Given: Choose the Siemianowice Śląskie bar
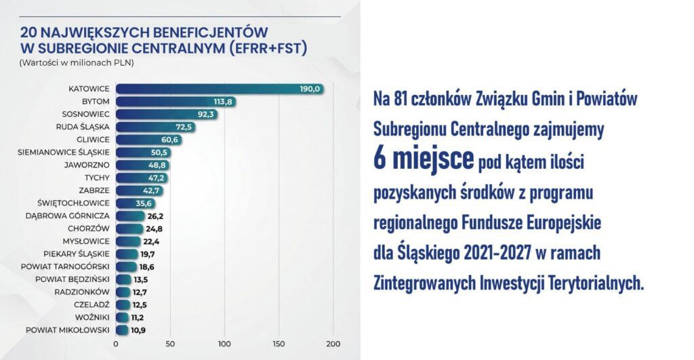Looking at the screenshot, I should coord(143,153).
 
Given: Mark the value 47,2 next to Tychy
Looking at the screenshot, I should coord(157,178).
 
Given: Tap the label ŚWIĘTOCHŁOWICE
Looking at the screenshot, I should coord(75,203).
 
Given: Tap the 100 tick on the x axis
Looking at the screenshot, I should coord(224,344).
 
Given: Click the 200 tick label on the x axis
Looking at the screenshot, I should coord(332,344).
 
